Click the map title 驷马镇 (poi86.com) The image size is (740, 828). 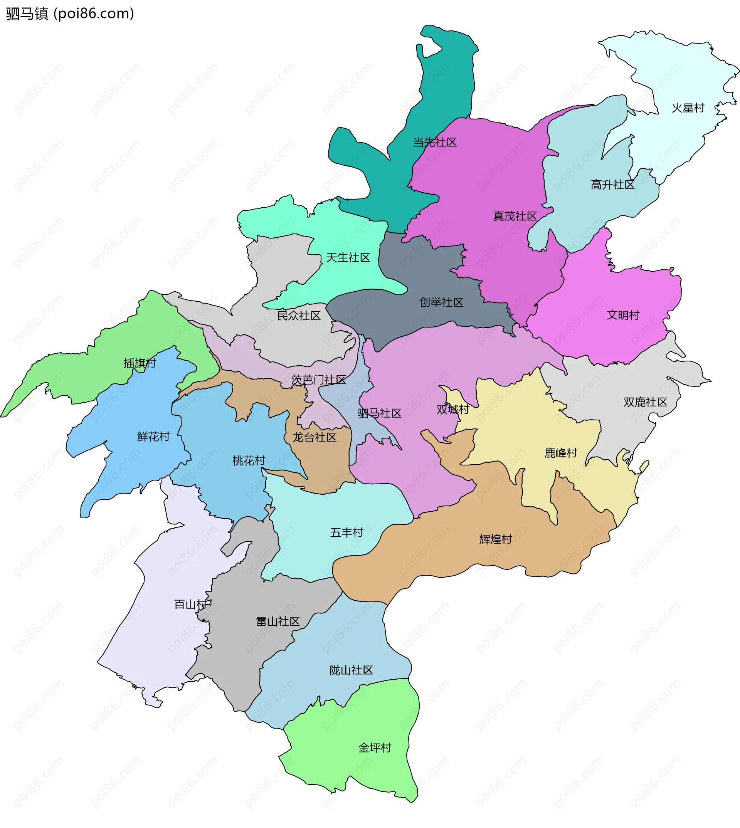point(70,14)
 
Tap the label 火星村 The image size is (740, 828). point(688,108)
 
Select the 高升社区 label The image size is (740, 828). point(612,185)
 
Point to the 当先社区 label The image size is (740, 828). point(435,143)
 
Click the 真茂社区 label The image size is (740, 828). point(515,216)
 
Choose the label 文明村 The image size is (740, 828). point(623,315)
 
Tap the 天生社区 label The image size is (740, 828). point(348,258)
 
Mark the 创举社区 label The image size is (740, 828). point(441,302)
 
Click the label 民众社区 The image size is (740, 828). point(299,316)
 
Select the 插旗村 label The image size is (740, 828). point(140,363)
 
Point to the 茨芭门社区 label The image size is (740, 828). point(318,380)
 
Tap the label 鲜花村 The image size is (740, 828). point(153,437)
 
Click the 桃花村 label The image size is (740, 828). point(249,461)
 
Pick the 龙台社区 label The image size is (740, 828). point(315,437)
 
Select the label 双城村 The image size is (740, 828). point(452,410)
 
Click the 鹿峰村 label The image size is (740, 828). point(561,453)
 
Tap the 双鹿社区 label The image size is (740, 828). point(645,402)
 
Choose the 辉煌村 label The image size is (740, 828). point(495,539)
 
